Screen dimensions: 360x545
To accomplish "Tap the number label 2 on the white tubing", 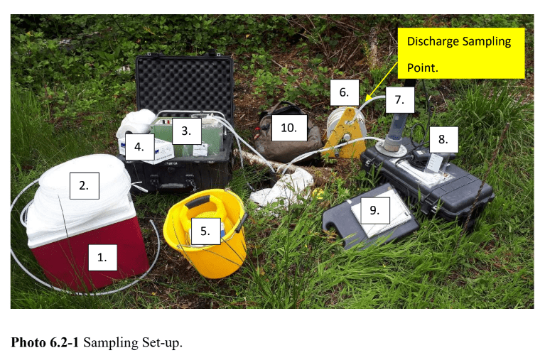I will (x=84, y=186).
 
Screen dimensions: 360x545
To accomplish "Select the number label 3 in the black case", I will (x=185, y=131).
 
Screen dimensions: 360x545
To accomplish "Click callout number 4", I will (x=139, y=148).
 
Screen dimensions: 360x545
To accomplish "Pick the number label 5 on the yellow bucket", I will (x=205, y=231).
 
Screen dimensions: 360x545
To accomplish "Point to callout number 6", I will (x=343, y=92).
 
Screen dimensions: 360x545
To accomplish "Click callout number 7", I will (x=399, y=100).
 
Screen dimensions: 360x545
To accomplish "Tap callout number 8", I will (x=443, y=139).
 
